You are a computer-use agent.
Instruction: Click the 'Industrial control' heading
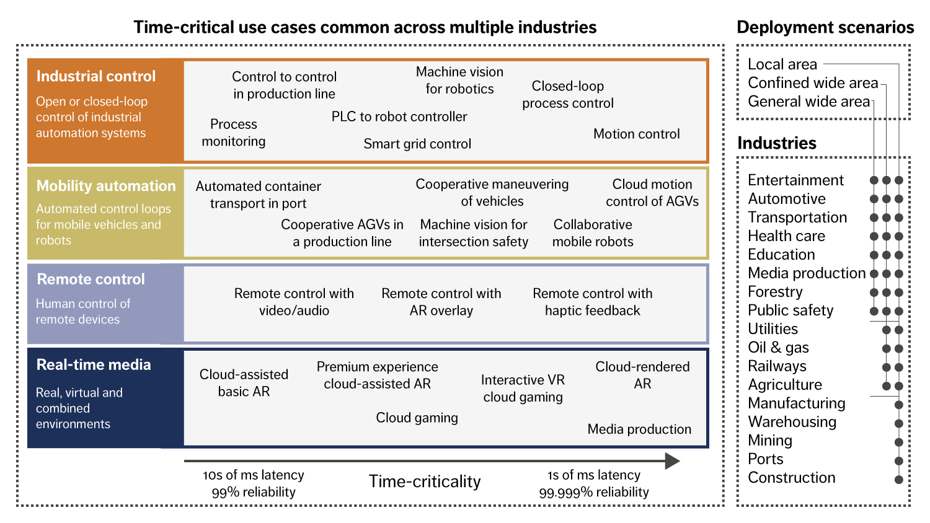(x=96, y=76)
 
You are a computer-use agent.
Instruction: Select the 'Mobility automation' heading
(x=106, y=186)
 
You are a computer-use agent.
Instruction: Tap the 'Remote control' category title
(x=91, y=279)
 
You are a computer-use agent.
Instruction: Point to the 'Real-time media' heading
(x=94, y=365)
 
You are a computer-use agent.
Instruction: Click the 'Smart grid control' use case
(x=417, y=144)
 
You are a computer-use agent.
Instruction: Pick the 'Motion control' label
(x=636, y=134)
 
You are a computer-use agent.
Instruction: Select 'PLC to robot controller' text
(x=399, y=116)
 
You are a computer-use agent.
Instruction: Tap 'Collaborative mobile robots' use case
(x=593, y=233)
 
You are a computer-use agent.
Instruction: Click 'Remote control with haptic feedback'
(x=593, y=302)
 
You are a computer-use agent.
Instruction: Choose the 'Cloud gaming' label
(x=417, y=418)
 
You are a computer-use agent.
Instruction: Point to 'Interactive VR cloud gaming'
(x=523, y=389)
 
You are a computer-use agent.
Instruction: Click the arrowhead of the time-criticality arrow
(x=672, y=460)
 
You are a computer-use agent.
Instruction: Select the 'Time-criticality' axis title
(x=425, y=481)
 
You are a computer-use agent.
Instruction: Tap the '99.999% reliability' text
(x=594, y=492)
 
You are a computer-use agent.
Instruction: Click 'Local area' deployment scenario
(x=782, y=64)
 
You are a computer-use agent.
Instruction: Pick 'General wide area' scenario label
(x=808, y=102)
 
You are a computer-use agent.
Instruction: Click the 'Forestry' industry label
(x=775, y=292)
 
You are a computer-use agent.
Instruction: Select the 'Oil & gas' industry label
(x=778, y=348)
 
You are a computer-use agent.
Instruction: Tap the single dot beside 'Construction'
(x=898, y=480)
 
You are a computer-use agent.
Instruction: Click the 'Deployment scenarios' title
(x=825, y=27)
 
